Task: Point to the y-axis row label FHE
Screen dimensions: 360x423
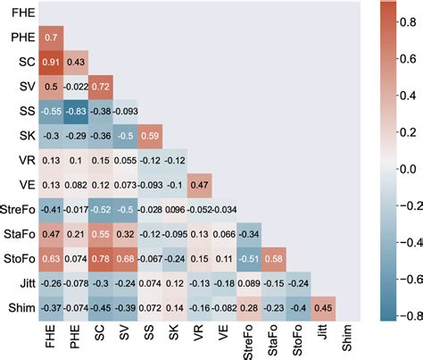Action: (23, 13)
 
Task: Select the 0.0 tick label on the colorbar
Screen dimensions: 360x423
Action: (407, 167)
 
